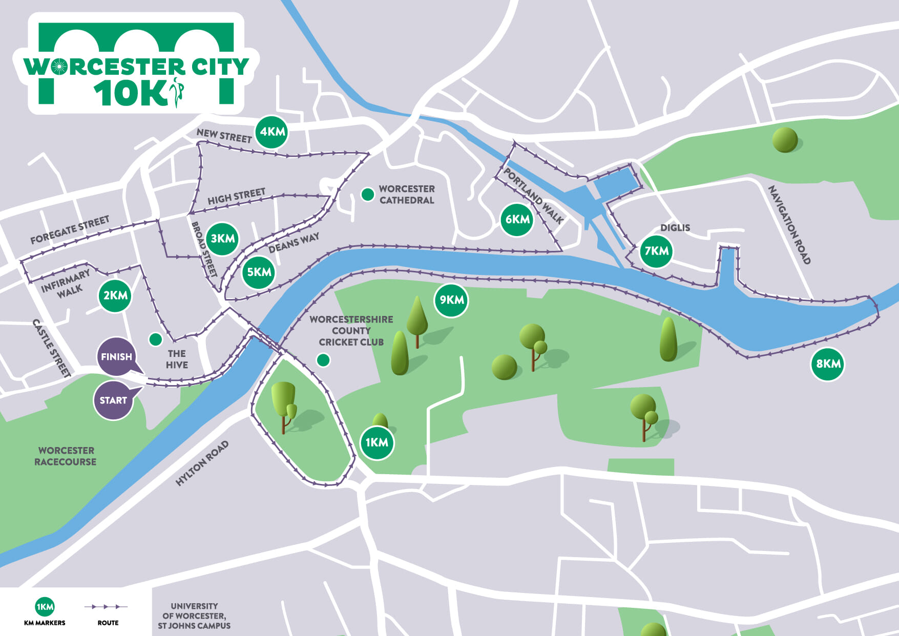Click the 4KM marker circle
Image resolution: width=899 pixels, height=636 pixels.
pyautogui.click(x=271, y=132)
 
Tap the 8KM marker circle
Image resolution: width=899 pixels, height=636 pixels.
pyautogui.click(x=828, y=364)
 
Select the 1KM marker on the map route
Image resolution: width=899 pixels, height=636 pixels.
pyautogui.click(x=377, y=442)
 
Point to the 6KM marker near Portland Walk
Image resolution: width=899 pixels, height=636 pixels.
pyautogui.click(x=517, y=220)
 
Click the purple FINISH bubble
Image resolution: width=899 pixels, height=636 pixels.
pyautogui.click(x=117, y=356)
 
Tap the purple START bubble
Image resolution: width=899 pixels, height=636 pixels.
pyautogui.click(x=114, y=400)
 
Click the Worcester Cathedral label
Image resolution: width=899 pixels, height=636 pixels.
pyautogui.click(x=407, y=195)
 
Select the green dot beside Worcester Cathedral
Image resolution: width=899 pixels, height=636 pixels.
pyautogui.click(x=367, y=195)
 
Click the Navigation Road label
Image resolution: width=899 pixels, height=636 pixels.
pyautogui.click(x=789, y=225)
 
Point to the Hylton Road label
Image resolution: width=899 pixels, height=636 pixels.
pyautogui.click(x=202, y=463)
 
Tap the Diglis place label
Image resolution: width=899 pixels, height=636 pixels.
pyautogui.click(x=675, y=228)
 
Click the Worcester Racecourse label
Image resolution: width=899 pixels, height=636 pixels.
pyautogui.click(x=66, y=456)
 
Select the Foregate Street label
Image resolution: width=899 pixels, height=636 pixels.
pyautogui.click(x=70, y=229)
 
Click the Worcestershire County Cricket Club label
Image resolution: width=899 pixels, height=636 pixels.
pyautogui.click(x=351, y=331)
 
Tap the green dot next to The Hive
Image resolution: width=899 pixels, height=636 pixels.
pyautogui.click(x=155, y=339)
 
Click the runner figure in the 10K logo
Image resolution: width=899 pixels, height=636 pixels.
pyautogui.click(x=177, y=91)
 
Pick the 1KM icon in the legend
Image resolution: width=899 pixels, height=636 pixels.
pyautogui.click(x=45, y=607)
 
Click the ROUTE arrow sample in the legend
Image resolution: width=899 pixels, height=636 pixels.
pyautogui.click(x=106, y=607)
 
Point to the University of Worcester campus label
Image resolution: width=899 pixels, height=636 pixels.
pyautogui.click(x=194, y=616)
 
